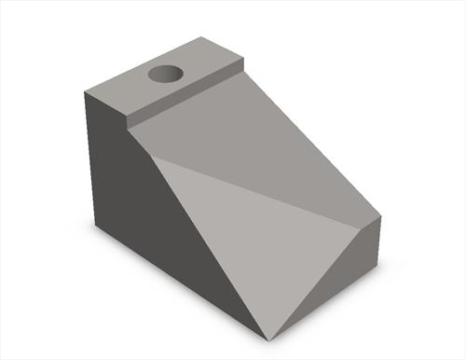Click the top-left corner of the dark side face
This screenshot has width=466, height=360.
pos(85,92)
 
